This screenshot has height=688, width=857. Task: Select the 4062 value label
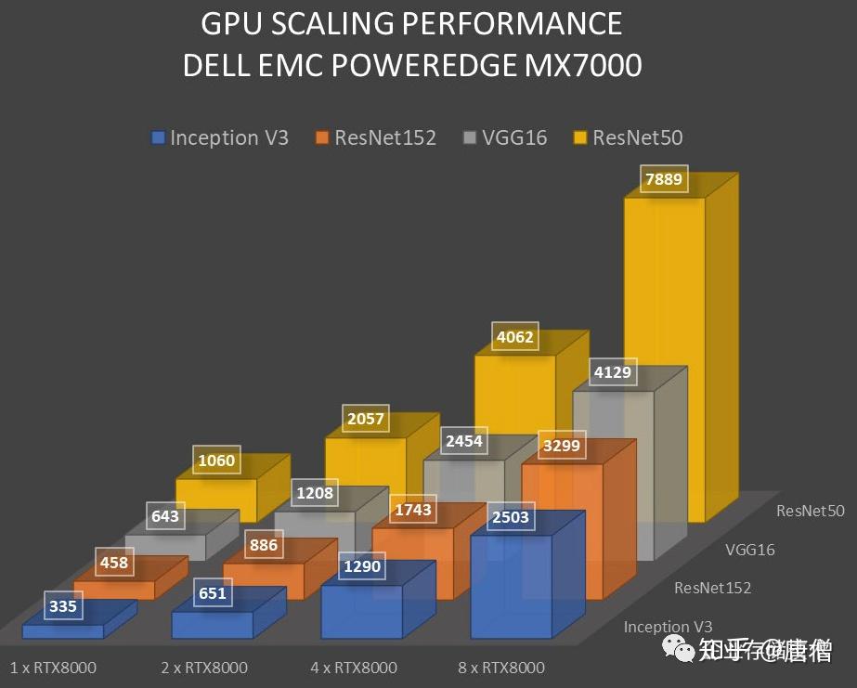tap(514, 337)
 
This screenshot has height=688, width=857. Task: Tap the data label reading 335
tap(63, 608)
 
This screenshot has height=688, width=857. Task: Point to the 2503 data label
tap(511, 518)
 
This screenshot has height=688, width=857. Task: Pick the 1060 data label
tap(215, 461)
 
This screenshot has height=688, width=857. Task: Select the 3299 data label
tap(562, 446)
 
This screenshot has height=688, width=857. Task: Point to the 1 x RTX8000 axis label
tap(53, 668)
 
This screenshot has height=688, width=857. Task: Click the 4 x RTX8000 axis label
tap(354, 668)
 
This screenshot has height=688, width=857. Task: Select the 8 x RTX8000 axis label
tap(501, 668)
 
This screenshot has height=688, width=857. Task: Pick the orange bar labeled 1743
tap(411, 566)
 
